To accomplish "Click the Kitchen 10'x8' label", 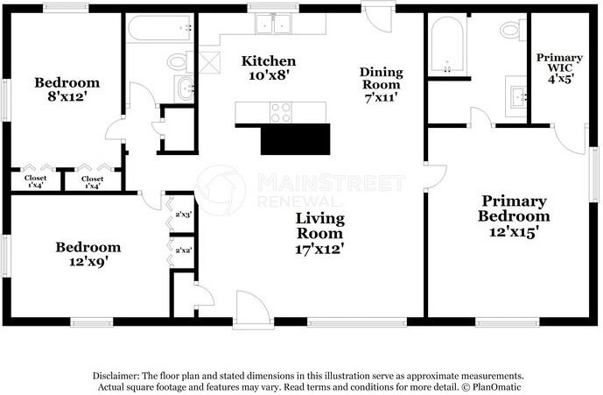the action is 269,67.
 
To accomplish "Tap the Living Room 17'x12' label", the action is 319,233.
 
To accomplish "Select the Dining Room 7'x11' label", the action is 381,85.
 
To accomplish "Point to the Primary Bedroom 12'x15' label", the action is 514,216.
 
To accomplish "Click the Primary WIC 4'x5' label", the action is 559,68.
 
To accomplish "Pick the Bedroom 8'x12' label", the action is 67,89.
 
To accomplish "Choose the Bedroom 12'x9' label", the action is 88,254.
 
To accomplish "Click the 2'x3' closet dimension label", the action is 184,215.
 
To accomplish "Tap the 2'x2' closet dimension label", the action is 184,250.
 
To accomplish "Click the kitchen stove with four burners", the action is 281,112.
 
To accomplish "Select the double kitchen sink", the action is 273,24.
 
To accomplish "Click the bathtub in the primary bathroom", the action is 447,45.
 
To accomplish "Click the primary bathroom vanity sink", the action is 515,96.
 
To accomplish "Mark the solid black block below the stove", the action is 295,139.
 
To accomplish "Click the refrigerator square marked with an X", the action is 210,63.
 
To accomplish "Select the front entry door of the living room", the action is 252,309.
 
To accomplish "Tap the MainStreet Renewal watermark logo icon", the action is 221,190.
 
